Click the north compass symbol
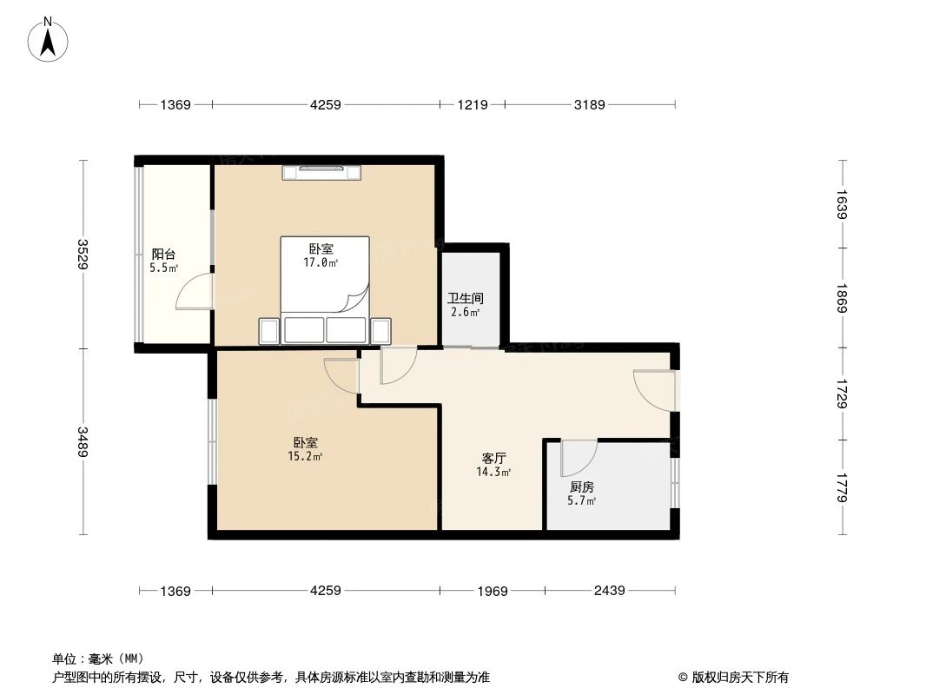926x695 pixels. coord(49,39)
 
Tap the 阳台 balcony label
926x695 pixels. coord(163,255)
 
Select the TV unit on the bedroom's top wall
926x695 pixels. coord(321,172)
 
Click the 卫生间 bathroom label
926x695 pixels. coord(466,298)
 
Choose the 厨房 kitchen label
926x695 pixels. coord(582,487)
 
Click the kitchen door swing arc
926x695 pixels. coord(579,456)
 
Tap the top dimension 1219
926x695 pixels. coord(473,105)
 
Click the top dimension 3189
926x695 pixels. coord(589,105)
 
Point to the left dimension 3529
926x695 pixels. coord(83,255)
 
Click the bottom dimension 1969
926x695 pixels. coord(493,592)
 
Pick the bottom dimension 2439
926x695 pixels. coord(609,592)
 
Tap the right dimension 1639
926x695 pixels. coord(842,203)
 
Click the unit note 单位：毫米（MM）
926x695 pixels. coord(98,659)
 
